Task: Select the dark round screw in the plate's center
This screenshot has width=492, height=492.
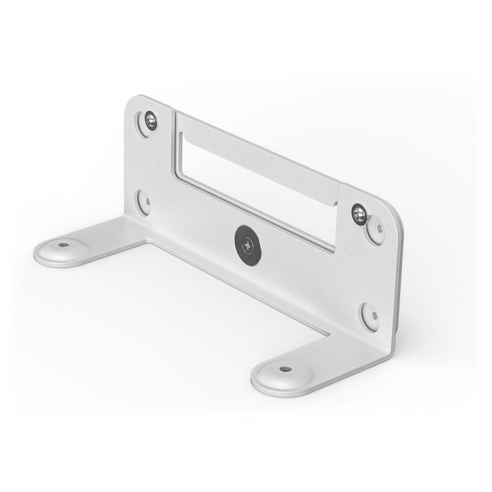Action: [x=247, y=241]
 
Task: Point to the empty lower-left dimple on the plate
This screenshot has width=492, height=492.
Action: [x=143, y=200]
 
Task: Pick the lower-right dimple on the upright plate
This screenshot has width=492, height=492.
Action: [x=369, y=315]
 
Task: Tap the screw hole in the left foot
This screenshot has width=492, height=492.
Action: [x=63, y=245]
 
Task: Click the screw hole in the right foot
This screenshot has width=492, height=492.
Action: [x=285, y=369]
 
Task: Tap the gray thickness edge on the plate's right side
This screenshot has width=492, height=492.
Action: [x=398, y=285]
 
